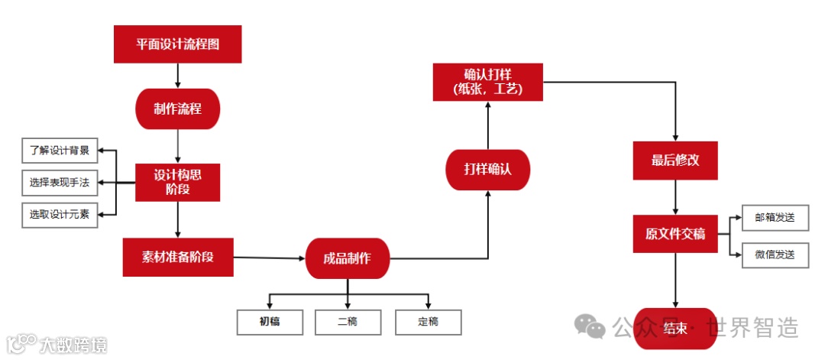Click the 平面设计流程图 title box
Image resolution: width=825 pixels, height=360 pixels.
click(177, 44)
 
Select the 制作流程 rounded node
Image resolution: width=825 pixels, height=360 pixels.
click(177, 109)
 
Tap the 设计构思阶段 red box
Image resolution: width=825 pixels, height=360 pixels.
click(177, 183)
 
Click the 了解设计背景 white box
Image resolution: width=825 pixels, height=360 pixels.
click(60, 151)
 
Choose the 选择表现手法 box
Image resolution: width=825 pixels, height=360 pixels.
click(60, 183)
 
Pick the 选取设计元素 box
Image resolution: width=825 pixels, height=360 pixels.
click(60, 216)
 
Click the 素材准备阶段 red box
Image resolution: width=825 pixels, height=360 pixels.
click(177, 257)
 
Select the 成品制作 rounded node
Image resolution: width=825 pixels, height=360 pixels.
click(348, 258)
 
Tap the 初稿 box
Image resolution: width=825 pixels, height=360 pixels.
click(270, 322)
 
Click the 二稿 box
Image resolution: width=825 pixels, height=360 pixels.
click(348, 322)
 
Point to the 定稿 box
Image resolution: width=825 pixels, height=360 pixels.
click(428, 322)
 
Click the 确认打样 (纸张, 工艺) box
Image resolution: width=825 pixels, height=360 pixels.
click(487, 82)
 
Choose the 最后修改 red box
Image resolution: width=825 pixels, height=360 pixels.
click(675, 161)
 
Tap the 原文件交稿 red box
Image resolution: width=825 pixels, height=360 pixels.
click(675, 234)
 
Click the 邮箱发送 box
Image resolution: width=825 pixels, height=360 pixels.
click(775, 217)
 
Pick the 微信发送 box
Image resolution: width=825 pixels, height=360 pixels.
click(775, 254)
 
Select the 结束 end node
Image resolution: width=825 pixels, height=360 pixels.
click(675, 329)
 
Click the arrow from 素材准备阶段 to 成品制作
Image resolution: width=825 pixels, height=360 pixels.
click(269, 258)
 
